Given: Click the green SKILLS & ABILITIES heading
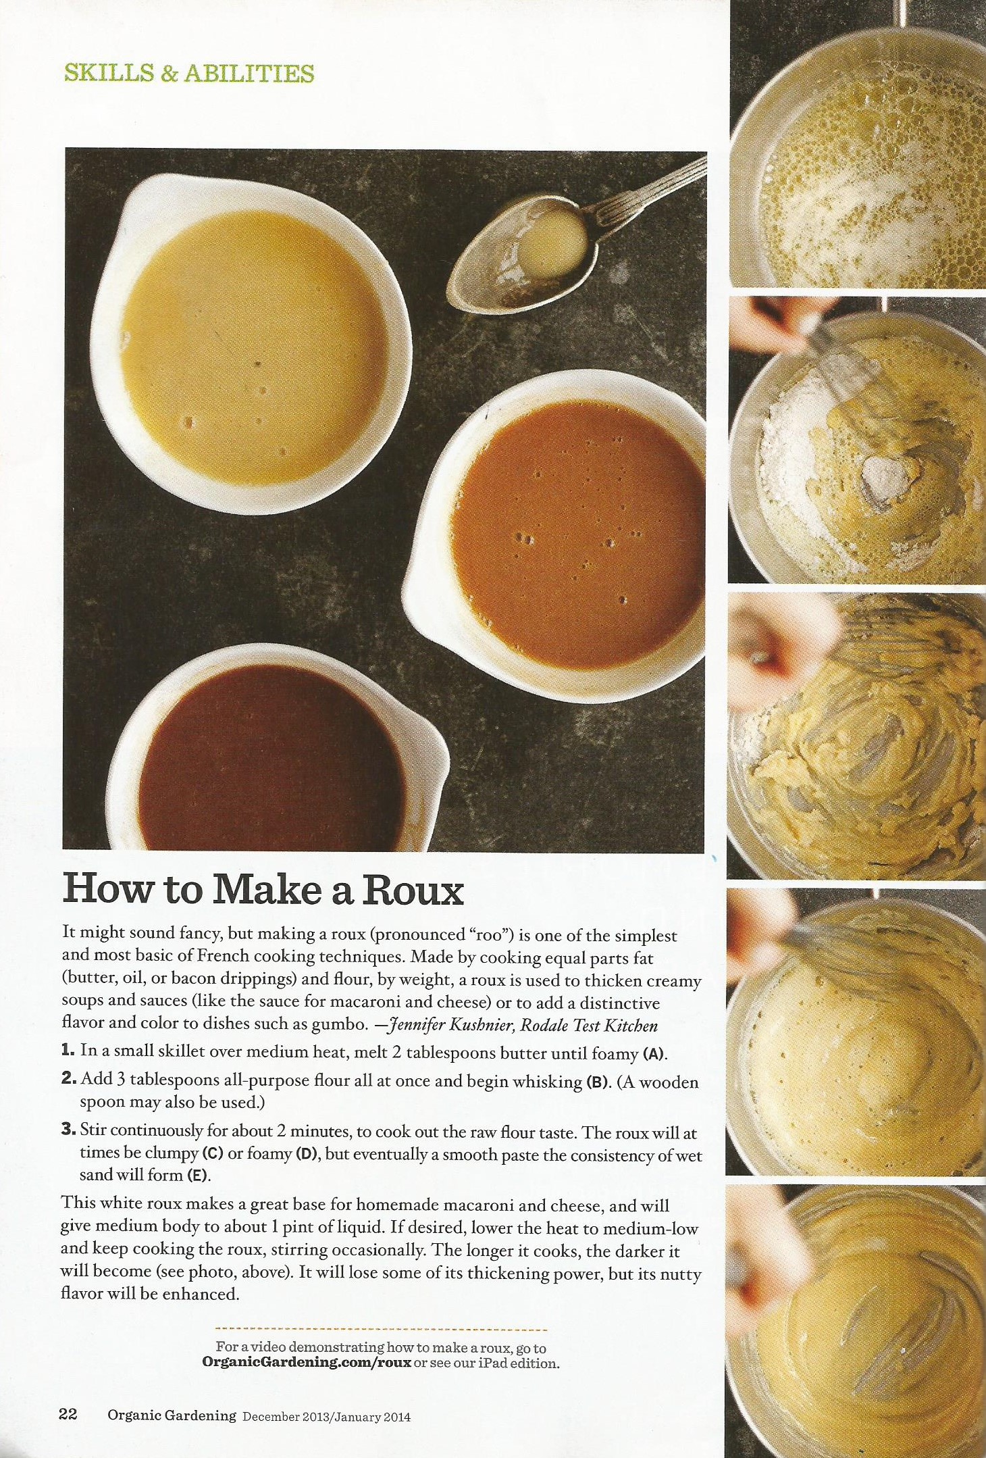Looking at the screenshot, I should pos(189,74).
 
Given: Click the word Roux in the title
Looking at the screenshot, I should pos(413,890).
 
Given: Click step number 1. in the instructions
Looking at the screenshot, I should pos(68,1050).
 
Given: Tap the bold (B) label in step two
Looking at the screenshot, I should pos(597,1082).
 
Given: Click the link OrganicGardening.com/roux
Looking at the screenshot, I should pos(307,1363).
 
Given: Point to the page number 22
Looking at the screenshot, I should pos(68,1415).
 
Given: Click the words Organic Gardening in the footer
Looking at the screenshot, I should pos(172,1415).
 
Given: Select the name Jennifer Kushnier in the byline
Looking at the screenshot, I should pos(450,1025).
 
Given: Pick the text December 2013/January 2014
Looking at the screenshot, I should pos(326,1417).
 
